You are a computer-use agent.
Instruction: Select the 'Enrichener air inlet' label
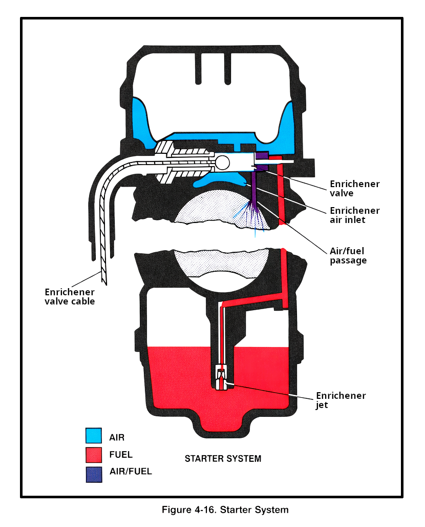[x=354, y=215]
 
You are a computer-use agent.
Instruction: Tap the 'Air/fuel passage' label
[x=348, y=255]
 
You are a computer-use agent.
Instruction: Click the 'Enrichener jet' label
[x=341, y=400]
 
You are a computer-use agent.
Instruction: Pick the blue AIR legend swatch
[x=93, y=436]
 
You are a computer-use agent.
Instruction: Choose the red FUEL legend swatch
[x=93, y=454]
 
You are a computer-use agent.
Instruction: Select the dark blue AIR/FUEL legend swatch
[x=93, y=473]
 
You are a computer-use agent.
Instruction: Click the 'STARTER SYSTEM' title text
[x=223, y=458]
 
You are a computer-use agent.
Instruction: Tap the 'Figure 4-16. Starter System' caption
[x=225, y=510]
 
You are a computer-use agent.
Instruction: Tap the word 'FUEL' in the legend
[x=121, y=454]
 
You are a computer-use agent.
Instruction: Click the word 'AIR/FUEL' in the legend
[x=131, y=472]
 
